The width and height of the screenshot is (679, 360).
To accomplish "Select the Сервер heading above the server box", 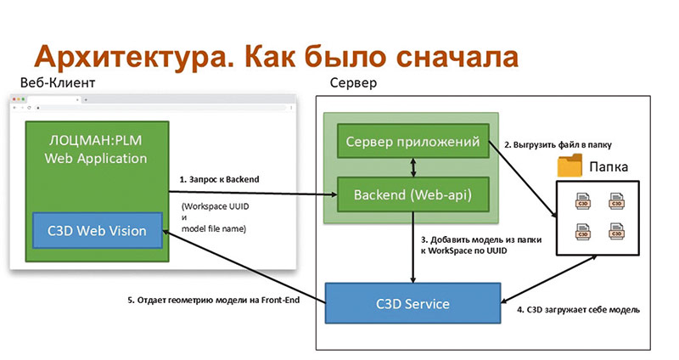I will [353, 84].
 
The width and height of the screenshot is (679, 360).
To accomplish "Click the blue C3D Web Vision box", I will [96, 229].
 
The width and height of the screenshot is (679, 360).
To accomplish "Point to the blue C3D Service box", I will [412, 303].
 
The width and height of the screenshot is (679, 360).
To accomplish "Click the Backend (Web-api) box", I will [412, 197].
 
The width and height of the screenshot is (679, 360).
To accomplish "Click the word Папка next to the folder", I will [609, 166].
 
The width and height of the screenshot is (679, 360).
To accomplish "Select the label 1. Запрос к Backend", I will [218, 180].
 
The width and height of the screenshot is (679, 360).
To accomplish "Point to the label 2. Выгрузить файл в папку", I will [558, 144].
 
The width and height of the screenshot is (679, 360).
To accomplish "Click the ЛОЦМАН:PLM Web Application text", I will [96, 149].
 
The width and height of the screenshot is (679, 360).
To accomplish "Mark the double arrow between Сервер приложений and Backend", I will [412, 168].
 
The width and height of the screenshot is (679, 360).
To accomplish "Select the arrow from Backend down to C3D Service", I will [412, 250].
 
